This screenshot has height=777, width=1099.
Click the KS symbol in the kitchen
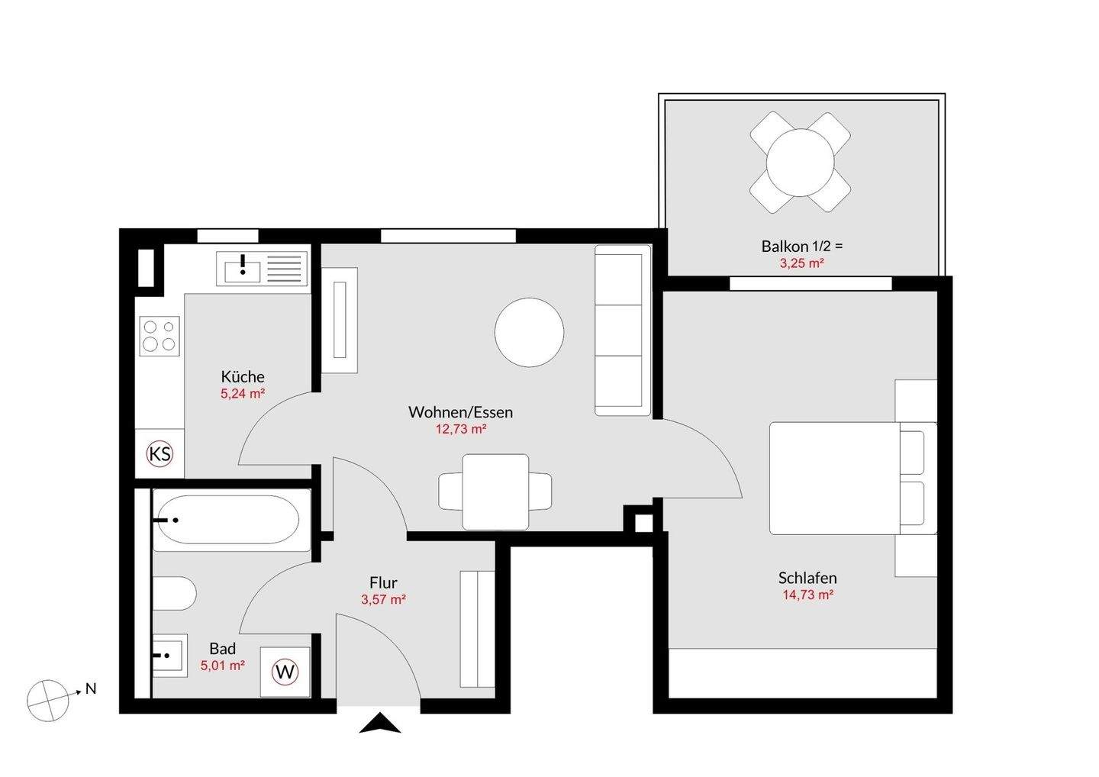click(160, 453)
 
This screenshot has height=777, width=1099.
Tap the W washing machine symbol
click(285, 672)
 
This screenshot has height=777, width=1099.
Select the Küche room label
click(243, 377)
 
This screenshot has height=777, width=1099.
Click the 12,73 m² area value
click(461, 429)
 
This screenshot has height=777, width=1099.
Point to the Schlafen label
click(807, 578)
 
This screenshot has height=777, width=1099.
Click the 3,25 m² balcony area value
click(801, 263)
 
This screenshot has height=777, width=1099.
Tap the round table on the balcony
click(800, 163)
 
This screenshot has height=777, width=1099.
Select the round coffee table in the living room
click(529, 332)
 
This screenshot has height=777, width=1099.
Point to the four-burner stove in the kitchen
click(160, 336)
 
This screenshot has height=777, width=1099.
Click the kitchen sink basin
click(243, 272)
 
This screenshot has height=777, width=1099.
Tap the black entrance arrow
click(380, 724)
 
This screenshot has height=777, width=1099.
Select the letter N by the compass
click(91, 688)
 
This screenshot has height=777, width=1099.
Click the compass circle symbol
click(47, 701)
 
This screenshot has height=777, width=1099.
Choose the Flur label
click(383, 583)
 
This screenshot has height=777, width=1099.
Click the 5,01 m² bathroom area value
click(222, 666)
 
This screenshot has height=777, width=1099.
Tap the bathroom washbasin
click(169, 656)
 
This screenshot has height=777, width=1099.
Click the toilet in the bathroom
click(174, 594)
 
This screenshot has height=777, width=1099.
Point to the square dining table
click(495, 492)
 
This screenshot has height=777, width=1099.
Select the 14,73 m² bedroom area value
click(808, 595)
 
